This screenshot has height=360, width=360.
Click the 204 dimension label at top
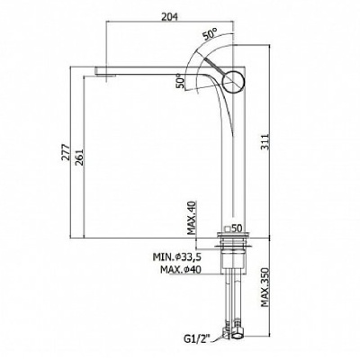[170, 17]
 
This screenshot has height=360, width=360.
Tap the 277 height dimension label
[66, 152]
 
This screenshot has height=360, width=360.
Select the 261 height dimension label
[78, 157]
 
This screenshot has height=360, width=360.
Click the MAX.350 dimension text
[265, 287]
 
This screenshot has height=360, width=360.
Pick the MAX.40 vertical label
[192, 218]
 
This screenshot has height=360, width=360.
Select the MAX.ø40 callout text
[181, 270]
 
